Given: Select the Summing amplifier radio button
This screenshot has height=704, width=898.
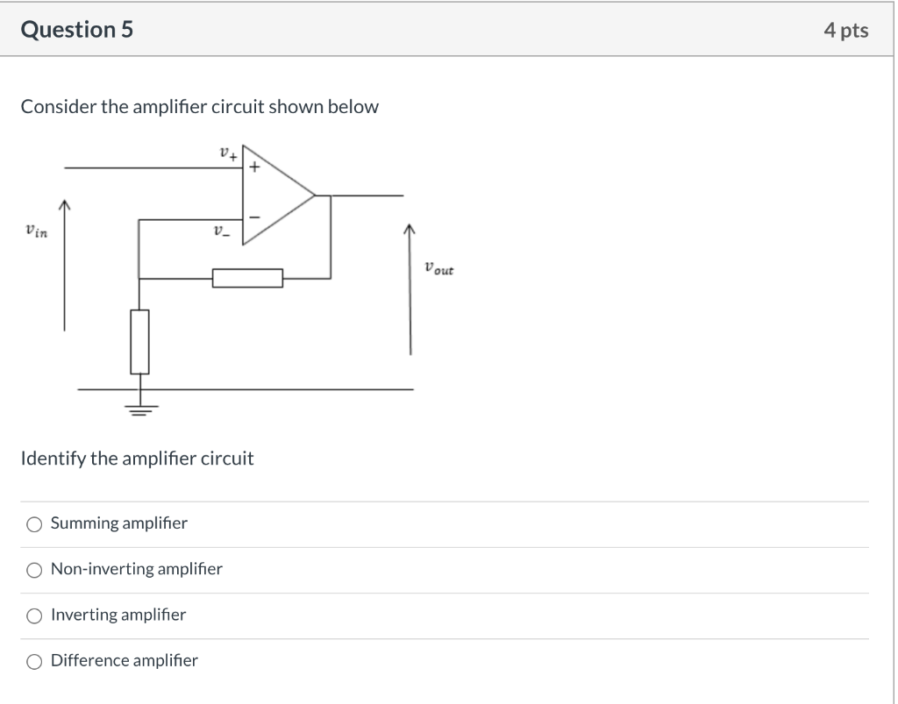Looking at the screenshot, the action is click(34, 524).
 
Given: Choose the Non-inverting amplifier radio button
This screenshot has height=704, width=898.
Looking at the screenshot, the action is click(34, 570).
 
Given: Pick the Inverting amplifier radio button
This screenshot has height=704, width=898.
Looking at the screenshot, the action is click(34, 615).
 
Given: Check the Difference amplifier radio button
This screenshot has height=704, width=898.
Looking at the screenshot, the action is click(34, 661).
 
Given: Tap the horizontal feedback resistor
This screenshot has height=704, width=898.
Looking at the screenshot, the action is click(247, 278).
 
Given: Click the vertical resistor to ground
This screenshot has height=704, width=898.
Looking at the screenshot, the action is click(139, 341).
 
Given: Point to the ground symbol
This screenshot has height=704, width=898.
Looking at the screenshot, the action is click(139, 407).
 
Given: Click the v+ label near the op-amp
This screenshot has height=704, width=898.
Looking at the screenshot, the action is click(227, 154).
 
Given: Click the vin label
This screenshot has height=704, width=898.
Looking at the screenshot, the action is click(36, 231).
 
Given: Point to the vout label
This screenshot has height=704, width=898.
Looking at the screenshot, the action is click(438, 268).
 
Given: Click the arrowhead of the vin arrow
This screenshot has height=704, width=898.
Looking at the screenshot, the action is click(64, 205).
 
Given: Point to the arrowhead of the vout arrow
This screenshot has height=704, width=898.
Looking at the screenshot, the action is click(410, 230).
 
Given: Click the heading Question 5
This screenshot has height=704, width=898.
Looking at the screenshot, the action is click(76, 30).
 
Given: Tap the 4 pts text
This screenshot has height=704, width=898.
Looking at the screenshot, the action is click(845, 31).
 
